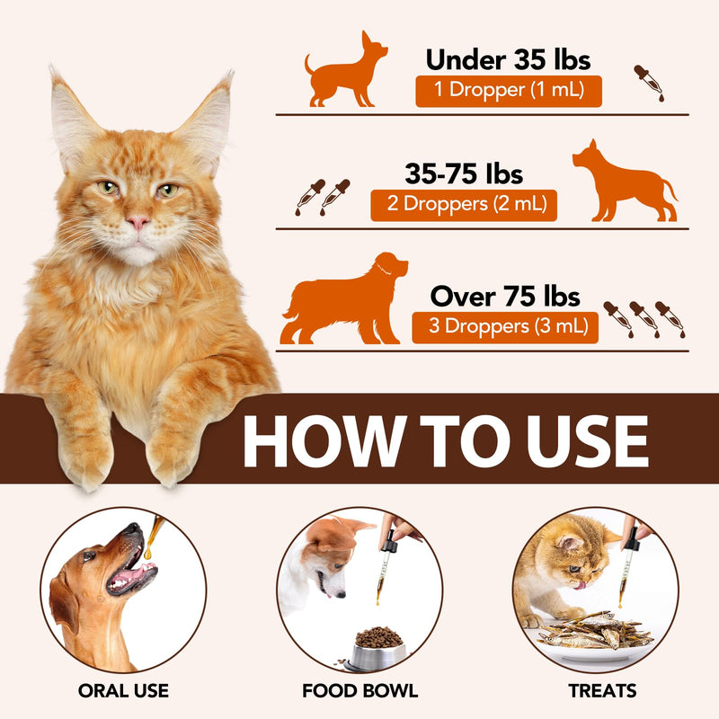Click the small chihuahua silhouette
point(345,74)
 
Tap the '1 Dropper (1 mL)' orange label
point(509,92)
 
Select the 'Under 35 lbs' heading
point(508,59)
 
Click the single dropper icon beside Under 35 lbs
point(649,83)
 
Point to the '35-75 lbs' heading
point(464,173)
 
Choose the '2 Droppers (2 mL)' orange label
point(464,205)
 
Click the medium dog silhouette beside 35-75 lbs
point(625,182)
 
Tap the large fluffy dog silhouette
point(344,299)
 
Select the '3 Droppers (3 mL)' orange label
point(505,327)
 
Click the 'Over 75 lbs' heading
point(505,297)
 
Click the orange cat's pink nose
point(138,223)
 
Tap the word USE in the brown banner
point(588,441)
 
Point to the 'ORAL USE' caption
point(123,690)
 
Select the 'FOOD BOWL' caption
point(360,690)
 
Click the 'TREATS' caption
point(602,690)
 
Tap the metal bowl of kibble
point(376,649)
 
